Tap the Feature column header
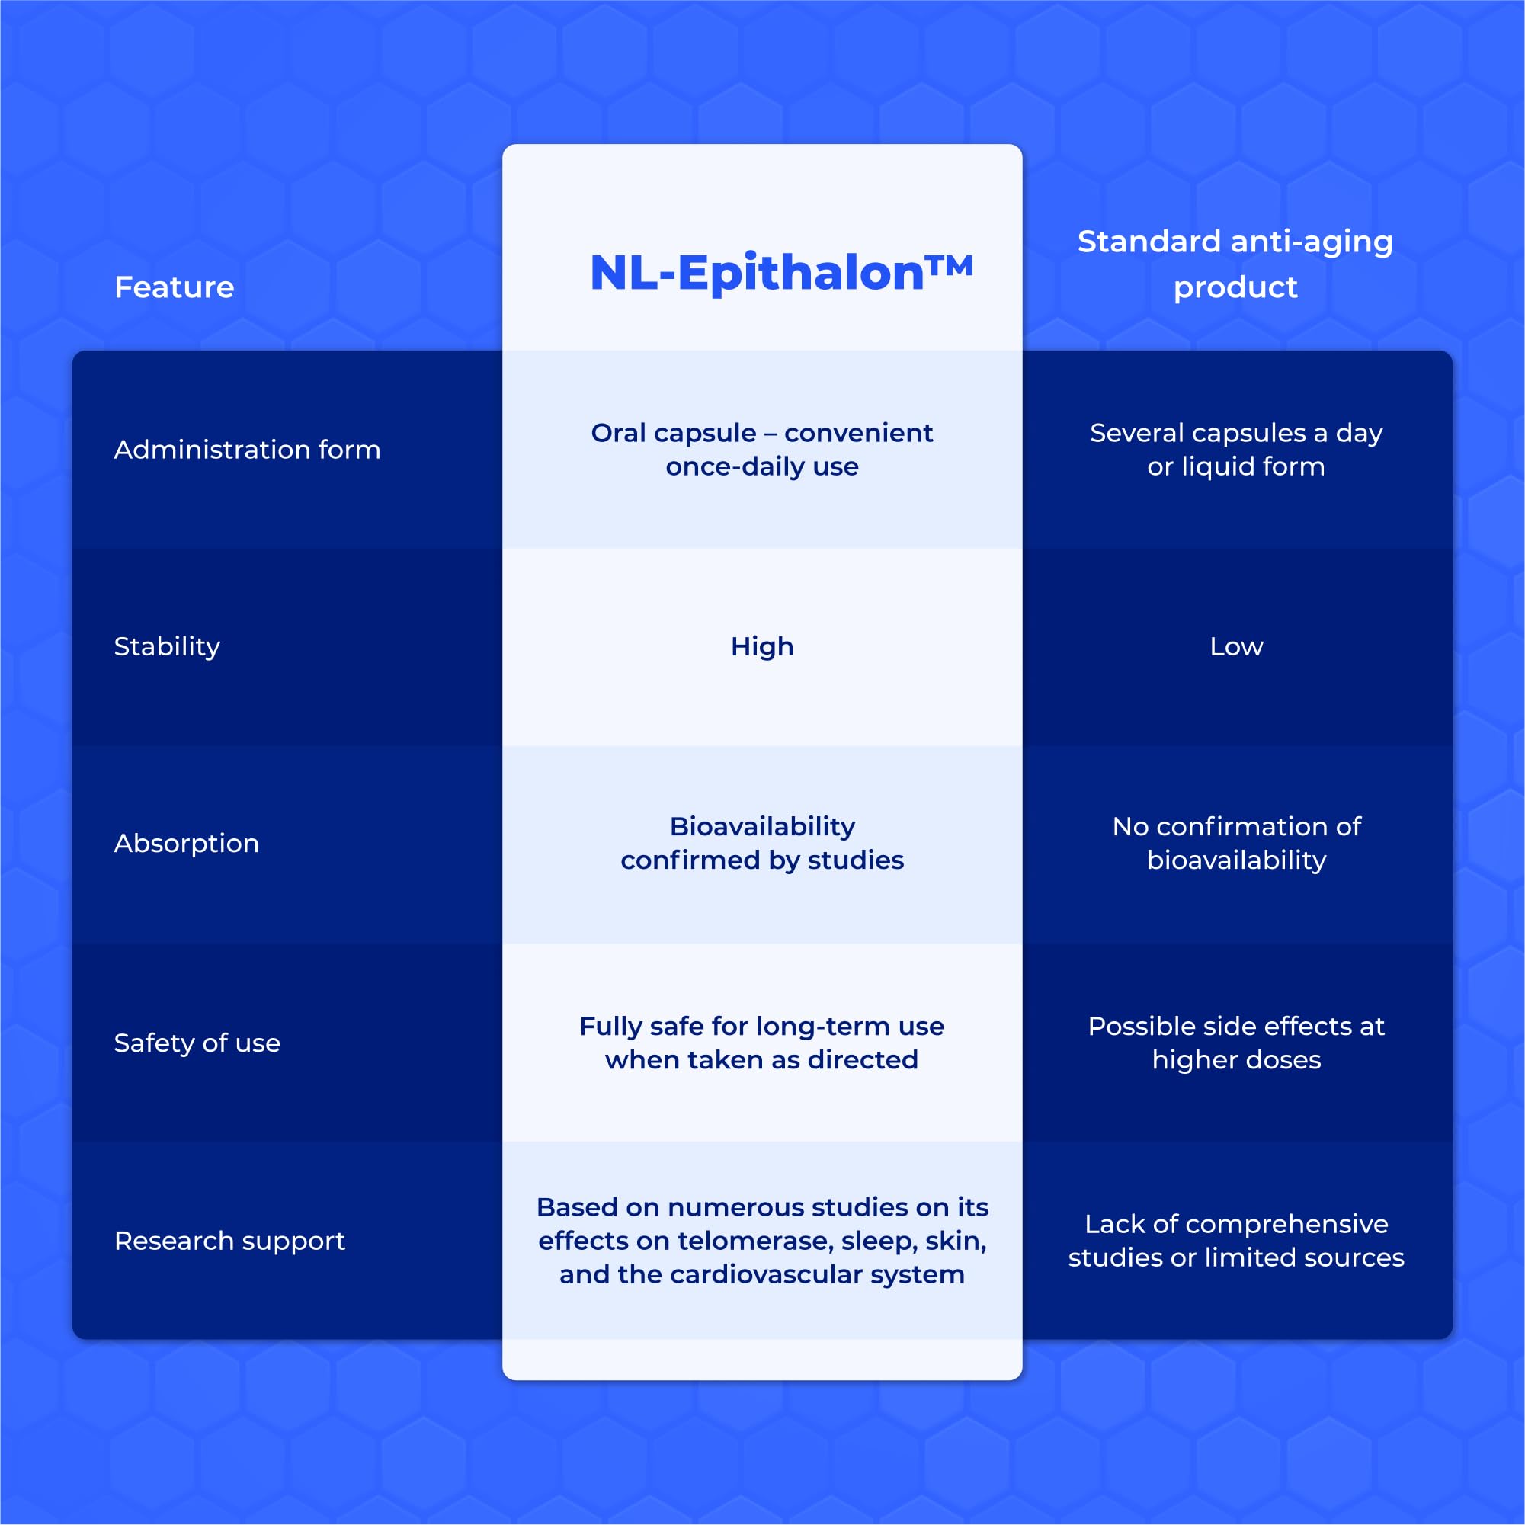[174, 287]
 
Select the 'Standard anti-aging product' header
[1235, 264]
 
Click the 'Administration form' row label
[247, 450]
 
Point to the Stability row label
[167, 646]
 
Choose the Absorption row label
[186, 843]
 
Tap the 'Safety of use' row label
[197, 1043]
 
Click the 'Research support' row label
[229, 1241]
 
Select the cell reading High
[761, 646]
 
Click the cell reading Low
[1236, 646]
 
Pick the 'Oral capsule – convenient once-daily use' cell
[761, 450]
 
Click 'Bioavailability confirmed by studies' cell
[761, 843]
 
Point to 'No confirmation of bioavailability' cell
[1236, 843]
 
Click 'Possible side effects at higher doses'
[1236, 1043]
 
